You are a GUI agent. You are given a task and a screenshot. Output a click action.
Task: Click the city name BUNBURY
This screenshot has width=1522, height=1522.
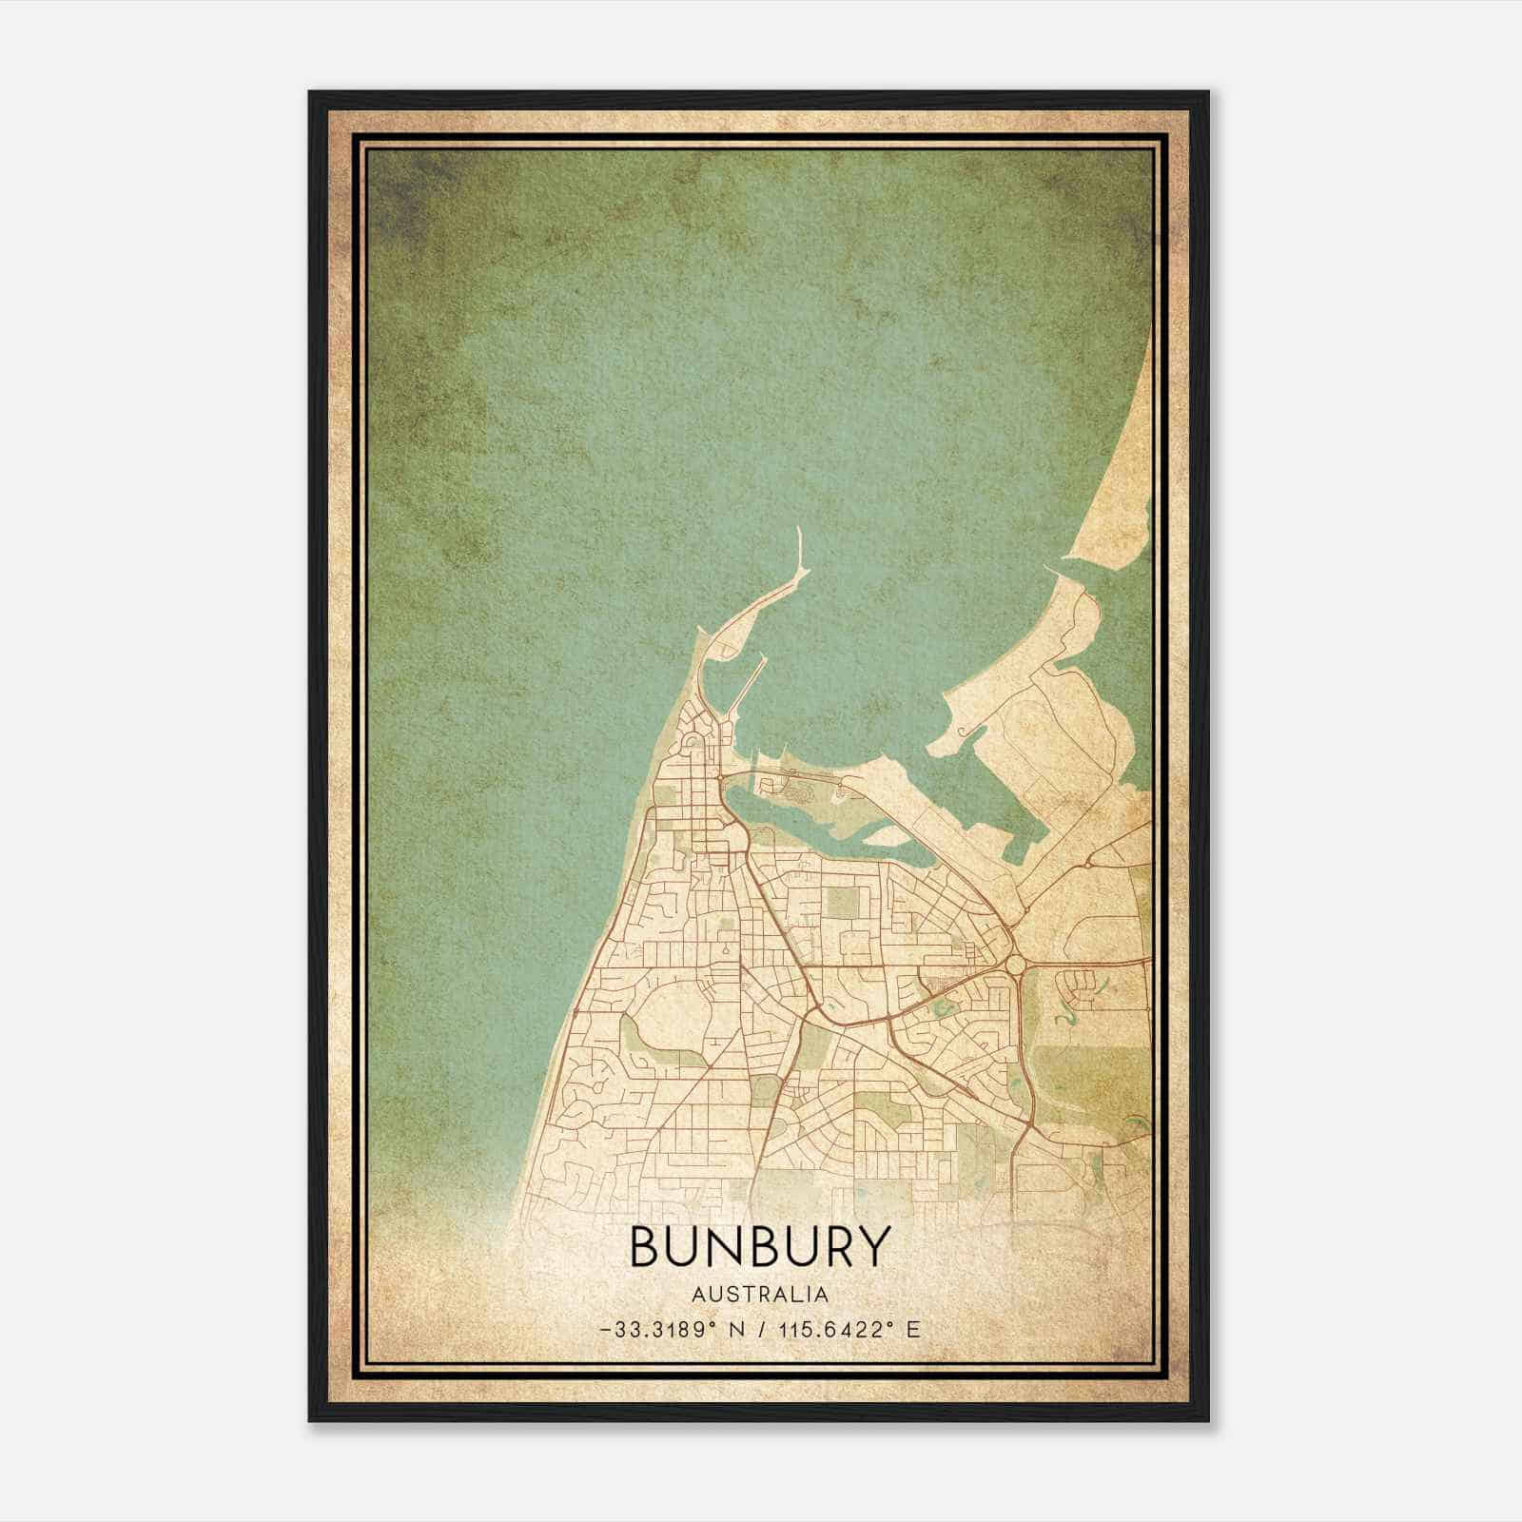[x=760, y=1246]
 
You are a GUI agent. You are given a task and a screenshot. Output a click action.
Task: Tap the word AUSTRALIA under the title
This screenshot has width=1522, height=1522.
[x=760, y=1295]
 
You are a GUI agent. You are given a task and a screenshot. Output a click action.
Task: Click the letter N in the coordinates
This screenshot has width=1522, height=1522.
[x=735, y=1330]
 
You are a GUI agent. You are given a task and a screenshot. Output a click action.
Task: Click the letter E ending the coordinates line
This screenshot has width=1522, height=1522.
[x=913, y=1330]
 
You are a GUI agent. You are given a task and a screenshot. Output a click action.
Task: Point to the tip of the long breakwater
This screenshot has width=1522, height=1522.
[x=797, y=530]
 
